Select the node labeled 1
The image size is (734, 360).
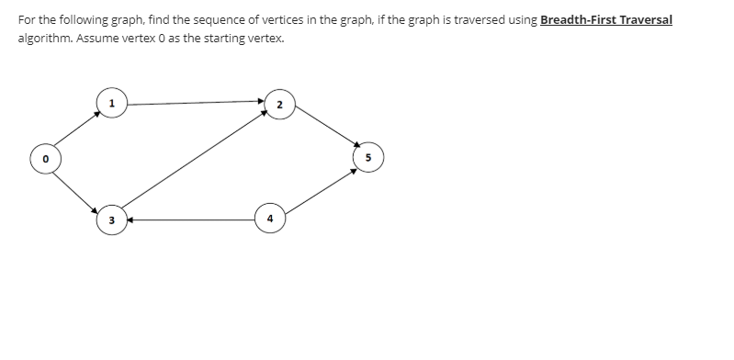click(111, 104)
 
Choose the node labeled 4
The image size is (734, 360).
click(271, 219)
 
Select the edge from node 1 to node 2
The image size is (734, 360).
click(195, 103)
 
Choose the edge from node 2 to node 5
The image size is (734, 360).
click(324, 129)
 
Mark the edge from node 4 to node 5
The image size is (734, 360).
click(320, 190)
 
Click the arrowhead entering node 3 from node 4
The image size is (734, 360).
click(130, 219)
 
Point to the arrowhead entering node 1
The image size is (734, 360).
click(97, 114)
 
